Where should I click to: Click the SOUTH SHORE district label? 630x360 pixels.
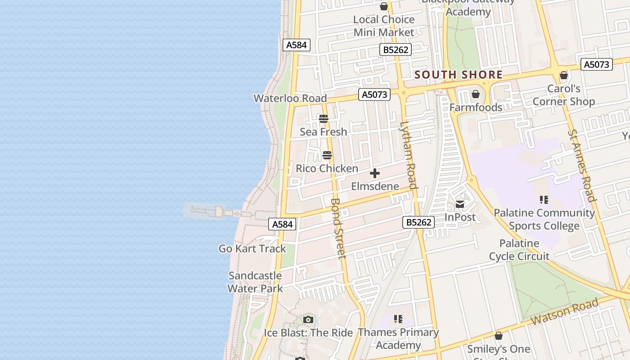458,75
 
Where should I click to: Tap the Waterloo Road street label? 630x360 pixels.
290,98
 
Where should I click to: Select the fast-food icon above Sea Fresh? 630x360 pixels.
324,119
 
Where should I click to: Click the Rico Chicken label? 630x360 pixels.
327,168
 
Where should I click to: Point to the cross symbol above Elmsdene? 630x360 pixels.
374,173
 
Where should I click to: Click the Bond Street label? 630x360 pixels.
338,229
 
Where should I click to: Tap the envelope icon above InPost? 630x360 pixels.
460,204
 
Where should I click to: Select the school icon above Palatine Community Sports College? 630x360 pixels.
544,199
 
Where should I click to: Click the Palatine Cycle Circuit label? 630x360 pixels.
519,250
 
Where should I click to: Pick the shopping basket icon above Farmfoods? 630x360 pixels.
476,94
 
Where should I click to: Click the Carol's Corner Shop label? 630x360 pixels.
563,95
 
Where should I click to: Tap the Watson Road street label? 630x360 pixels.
565,311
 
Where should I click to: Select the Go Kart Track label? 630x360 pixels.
252,248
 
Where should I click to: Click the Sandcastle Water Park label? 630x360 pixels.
255,282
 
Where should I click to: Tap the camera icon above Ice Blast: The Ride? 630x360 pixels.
308,320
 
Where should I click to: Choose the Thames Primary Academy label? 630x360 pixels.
398,338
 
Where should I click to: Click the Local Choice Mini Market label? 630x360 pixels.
384,26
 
